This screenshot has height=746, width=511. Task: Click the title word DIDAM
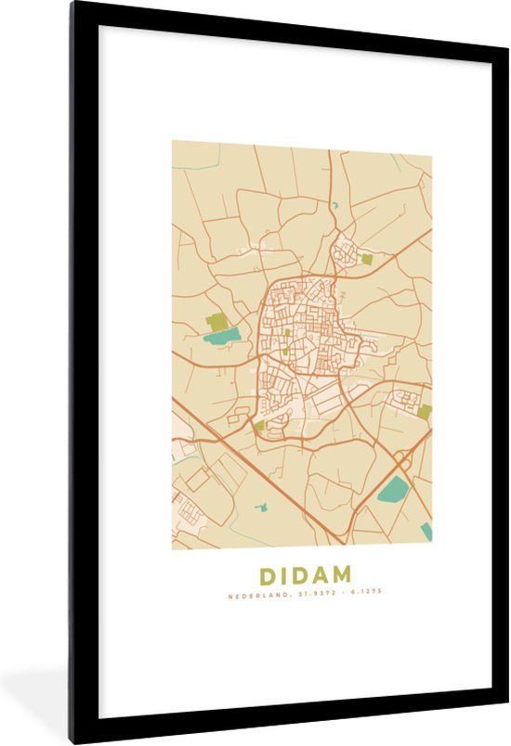tap(301, 575)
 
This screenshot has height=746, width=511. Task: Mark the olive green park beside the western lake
tap(216, 322)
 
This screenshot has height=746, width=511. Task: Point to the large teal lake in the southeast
tap(394, 489)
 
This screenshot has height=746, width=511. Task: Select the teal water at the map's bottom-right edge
tap(426, 531)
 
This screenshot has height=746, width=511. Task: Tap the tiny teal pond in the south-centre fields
tap(261, 507)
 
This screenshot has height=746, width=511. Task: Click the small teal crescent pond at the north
tap(334, 205)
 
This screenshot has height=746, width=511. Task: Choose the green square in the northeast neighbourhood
tap(366, 260)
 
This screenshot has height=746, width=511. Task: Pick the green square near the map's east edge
tap(425, 411)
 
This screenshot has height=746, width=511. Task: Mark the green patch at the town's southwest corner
tap(259, 425)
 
